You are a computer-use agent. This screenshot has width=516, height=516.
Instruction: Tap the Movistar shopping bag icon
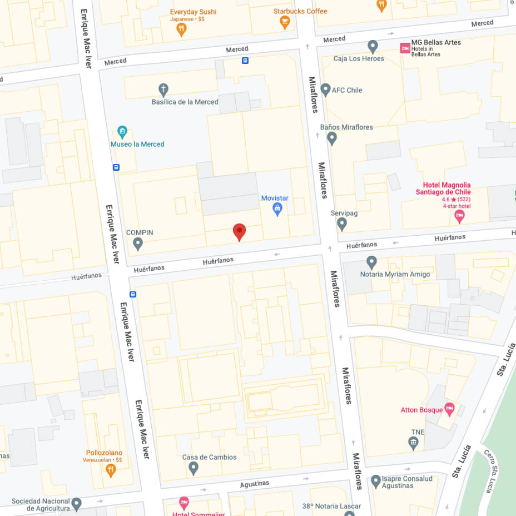277,209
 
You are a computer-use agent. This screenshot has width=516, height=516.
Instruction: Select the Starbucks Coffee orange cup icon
285,22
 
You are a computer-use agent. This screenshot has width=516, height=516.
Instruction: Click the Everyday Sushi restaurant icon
181,29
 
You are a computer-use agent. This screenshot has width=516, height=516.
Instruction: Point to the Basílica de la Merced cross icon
163,89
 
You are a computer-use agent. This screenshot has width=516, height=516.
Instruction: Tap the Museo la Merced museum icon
122,132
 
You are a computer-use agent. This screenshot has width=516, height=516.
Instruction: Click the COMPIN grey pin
138,243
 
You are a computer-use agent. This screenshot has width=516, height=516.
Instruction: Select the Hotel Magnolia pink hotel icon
459,216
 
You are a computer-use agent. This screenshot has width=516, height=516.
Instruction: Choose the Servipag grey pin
342,224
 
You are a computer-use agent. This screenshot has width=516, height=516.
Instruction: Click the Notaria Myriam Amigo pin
372,262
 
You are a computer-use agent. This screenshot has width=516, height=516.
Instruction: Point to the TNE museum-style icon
413,443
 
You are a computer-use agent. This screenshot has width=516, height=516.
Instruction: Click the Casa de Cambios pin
193,468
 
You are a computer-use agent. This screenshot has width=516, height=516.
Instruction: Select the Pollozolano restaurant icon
111,470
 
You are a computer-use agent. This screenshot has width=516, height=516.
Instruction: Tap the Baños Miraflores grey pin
332,138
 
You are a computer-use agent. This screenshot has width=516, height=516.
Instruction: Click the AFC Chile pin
325,90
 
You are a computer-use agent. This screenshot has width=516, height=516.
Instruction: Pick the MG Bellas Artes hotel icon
405,48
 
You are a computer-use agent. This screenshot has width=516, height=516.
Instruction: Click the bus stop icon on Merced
245,61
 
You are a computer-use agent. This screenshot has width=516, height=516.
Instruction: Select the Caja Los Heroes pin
373,47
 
